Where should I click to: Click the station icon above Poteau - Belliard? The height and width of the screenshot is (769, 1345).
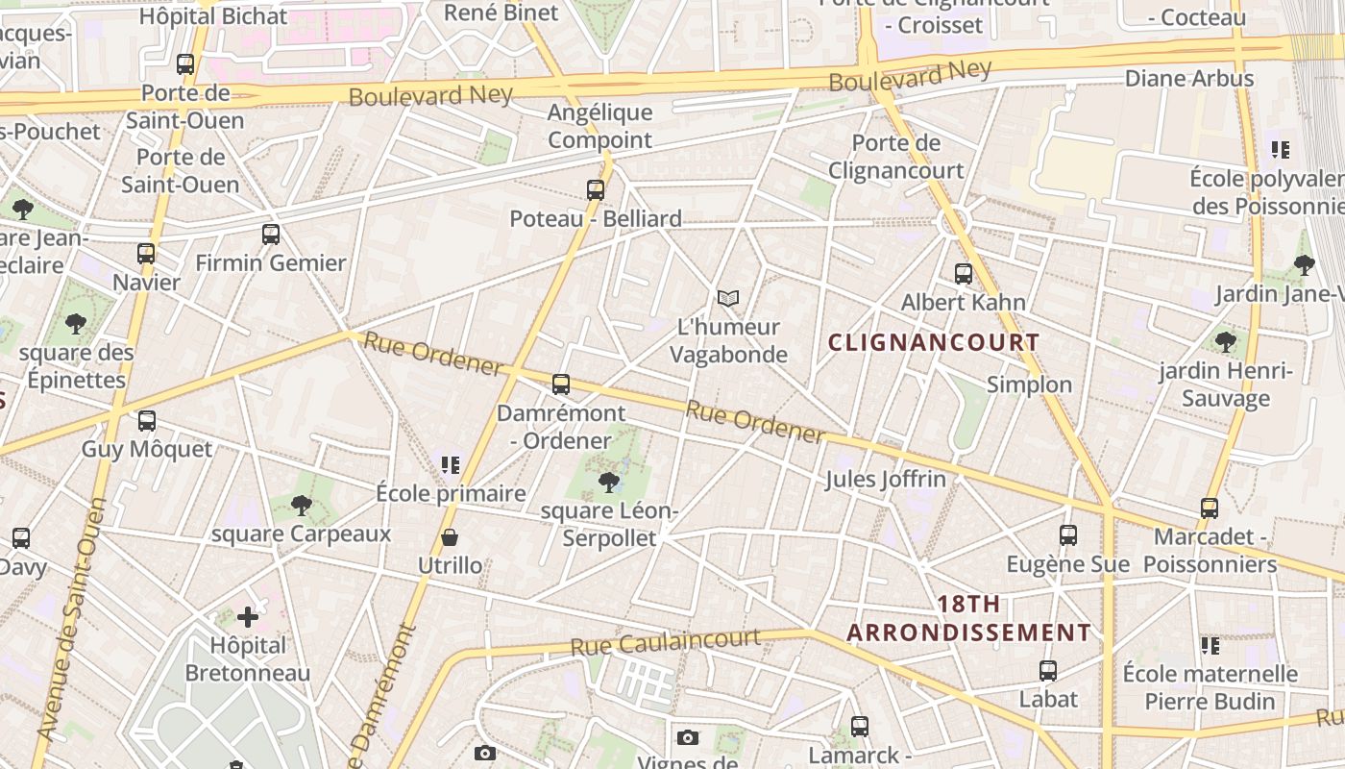[x=596, y=190]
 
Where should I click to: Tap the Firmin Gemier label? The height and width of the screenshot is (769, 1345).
[x=270, y=262]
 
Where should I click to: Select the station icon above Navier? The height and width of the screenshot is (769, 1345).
[x=146, y=254]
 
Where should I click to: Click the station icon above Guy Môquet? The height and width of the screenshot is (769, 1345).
[x=147, y=421]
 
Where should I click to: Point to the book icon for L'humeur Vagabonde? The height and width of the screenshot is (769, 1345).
[x=729, y=299]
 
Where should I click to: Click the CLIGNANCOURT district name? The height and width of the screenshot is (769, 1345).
[x=934, y=342]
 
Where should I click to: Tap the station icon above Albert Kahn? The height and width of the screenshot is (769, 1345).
[x=964, y=274]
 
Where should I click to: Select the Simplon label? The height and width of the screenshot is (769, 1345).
[x=1029, y=384]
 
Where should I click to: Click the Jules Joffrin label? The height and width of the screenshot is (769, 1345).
[x=885, y=479]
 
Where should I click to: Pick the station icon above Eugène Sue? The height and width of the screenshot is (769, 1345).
[x=1068, y=535]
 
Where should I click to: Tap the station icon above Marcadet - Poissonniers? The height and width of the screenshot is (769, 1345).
[x=1210, y=509]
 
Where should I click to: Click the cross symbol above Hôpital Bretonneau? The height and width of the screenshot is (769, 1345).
[x=248, y=616]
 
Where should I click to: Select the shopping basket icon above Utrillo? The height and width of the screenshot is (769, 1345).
[x=450, y=537]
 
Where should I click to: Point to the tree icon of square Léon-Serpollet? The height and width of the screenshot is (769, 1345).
[x=608, y=482]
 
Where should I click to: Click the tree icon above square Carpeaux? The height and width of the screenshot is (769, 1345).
[x=302, y=506]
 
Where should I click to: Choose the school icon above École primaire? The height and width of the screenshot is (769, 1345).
[x=451, y=465]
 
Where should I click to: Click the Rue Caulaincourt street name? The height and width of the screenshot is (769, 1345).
[x=666, y=641]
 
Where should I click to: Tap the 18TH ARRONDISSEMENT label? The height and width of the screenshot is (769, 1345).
[x=968, y=618]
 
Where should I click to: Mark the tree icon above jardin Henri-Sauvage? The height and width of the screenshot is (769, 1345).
[x=1225, y=341]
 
